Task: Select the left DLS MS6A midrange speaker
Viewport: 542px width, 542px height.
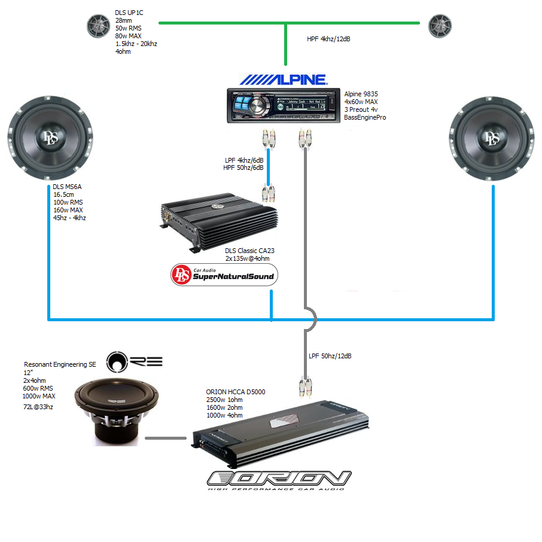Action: tap(50, 138)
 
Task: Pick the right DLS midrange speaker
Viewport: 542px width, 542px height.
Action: tap(492, 138)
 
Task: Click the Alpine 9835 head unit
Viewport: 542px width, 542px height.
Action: tap(281, 105)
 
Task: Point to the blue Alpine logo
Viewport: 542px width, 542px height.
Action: tap(284, 79)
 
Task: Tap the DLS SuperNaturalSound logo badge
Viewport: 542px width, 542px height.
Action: tap(224, 275)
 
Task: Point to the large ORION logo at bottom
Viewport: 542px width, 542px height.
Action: tap(279, 479)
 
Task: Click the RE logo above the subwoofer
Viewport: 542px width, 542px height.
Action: tap(134, 361)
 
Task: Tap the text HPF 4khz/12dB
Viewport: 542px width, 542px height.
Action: tap(328, 39)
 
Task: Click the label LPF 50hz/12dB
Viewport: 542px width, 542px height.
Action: tap(330, 356)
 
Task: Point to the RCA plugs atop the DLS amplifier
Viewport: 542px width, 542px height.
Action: tap(267, 193)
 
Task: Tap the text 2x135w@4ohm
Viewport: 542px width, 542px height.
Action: tap(247, 258)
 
